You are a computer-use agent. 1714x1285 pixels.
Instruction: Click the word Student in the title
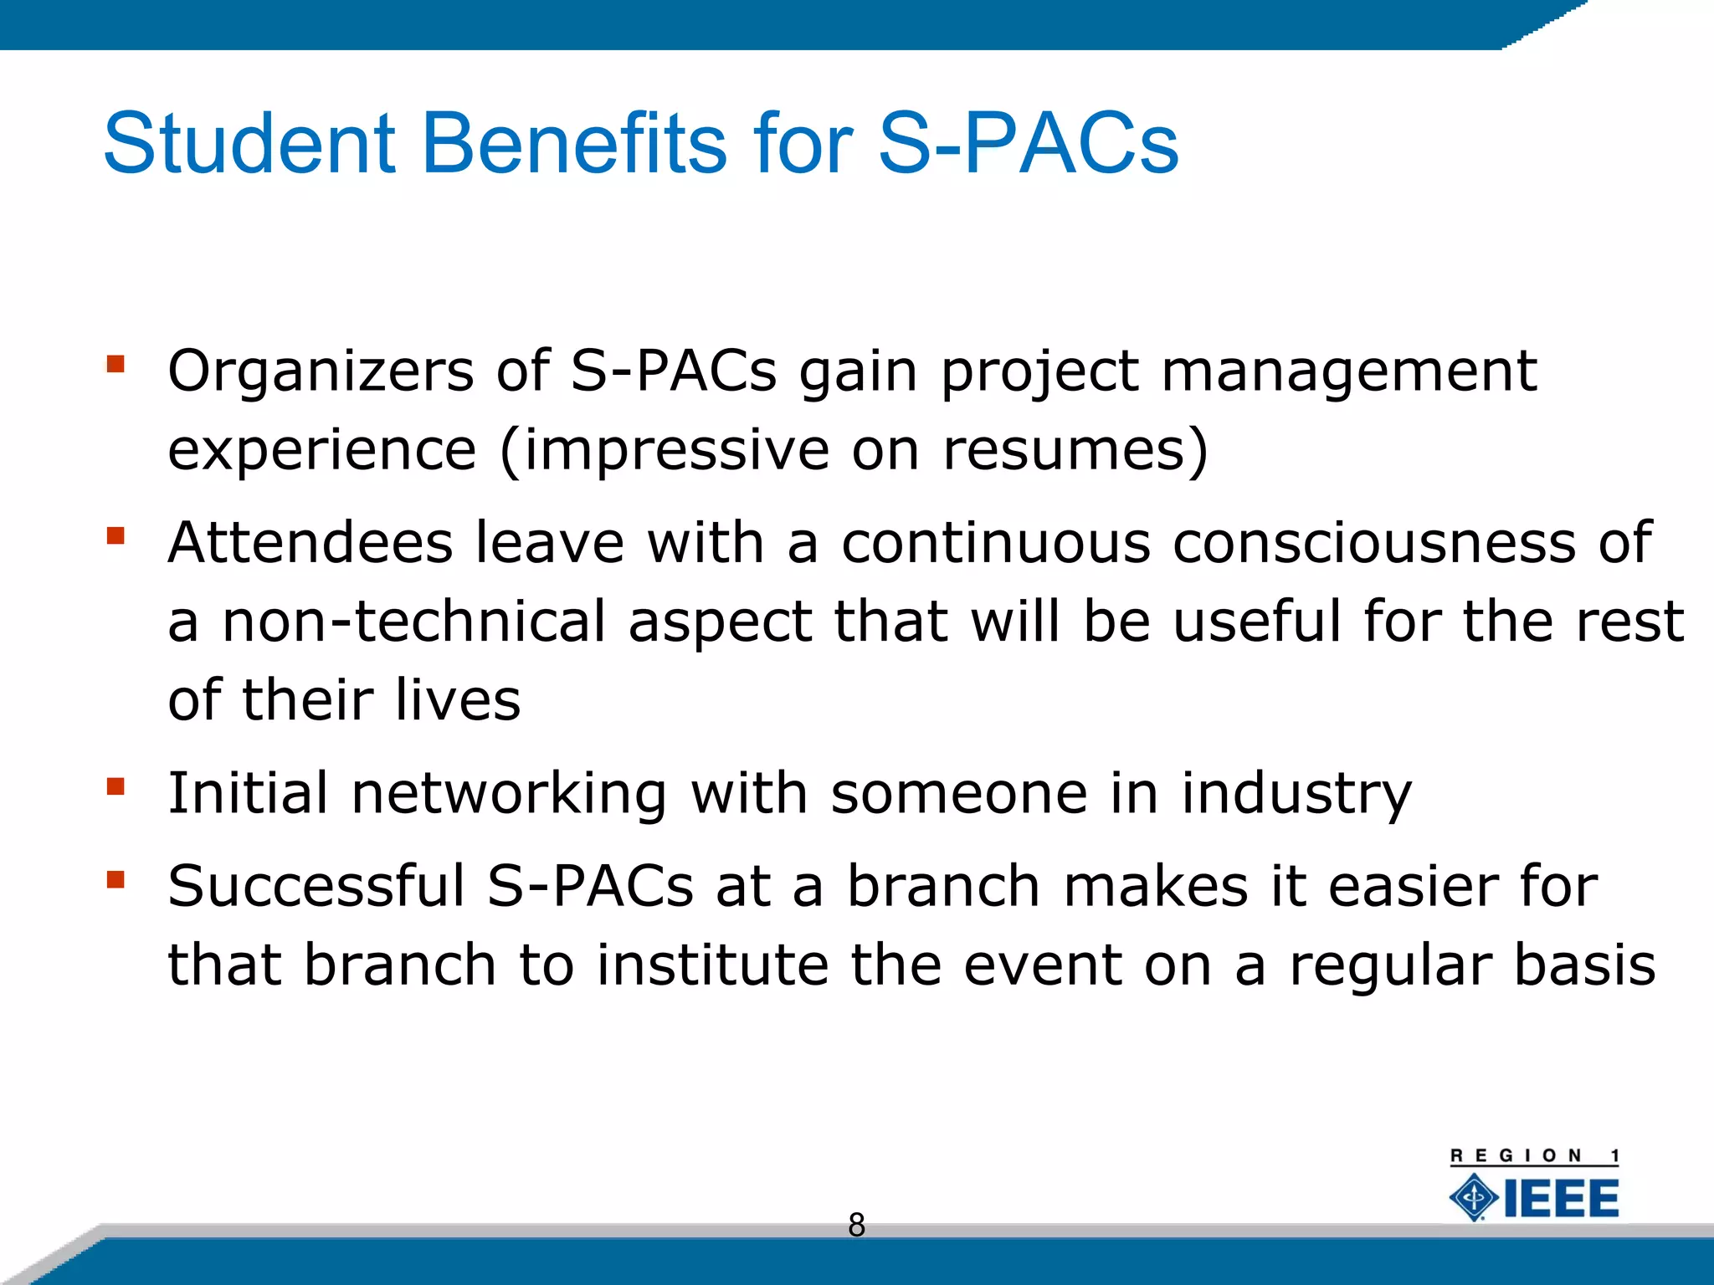pos(249,144)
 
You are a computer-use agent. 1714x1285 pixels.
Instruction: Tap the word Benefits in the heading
pos(574,144)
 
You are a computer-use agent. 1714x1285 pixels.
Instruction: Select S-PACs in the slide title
pos(1028,144)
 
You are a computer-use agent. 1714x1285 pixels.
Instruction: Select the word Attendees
pos(310,543)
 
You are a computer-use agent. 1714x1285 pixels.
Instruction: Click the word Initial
pos(248,793)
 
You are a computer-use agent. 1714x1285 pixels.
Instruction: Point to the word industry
pos(1296,793)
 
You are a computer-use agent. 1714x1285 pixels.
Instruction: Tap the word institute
pos(711,965)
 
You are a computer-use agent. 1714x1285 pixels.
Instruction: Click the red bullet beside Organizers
pos(115,364)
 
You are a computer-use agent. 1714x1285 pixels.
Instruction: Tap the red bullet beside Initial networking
pos(115,786)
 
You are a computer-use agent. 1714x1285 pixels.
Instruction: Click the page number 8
pos(856,1225)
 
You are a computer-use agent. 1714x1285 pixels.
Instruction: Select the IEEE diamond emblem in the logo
pos(1474,1198)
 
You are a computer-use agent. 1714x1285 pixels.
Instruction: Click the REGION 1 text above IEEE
pos(1534,1156)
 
